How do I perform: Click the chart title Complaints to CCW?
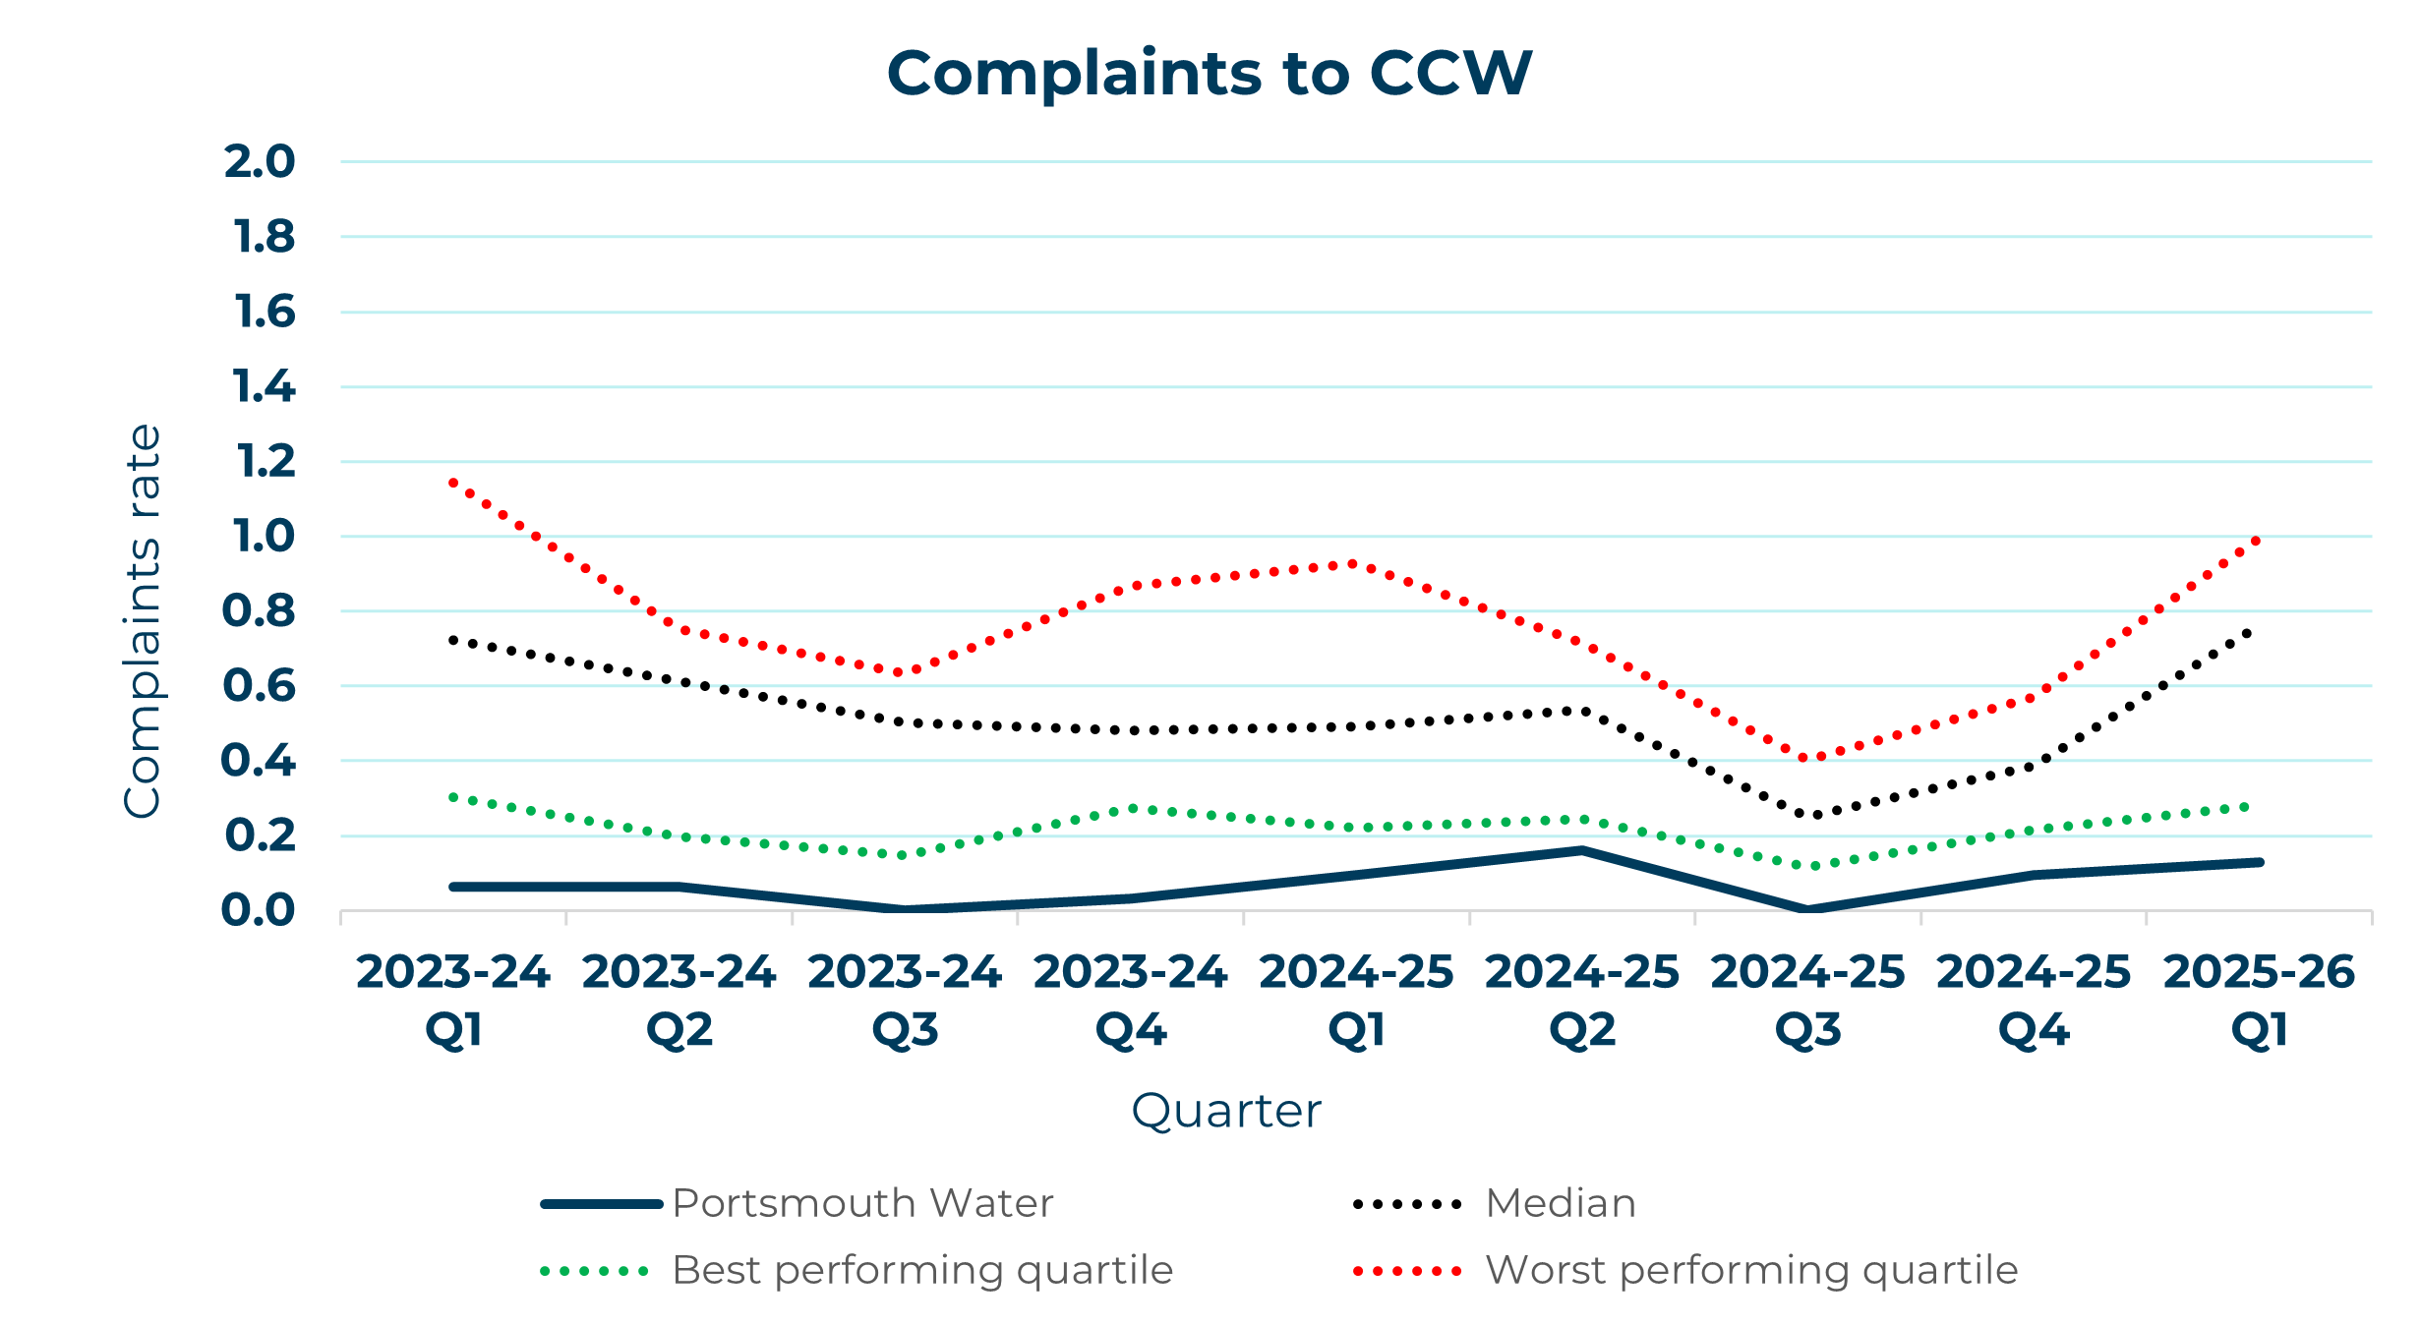(1209, 74)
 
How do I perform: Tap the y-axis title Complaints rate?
(143, 620)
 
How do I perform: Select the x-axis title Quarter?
(1226, 1112)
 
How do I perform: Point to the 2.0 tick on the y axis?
(260, 162)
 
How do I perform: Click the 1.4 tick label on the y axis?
(264, 386)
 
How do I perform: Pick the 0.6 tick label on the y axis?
(260, 686)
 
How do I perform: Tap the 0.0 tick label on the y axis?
(259, 910)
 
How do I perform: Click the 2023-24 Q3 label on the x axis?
(905, 1000)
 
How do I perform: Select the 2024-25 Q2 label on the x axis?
(1582, 1000)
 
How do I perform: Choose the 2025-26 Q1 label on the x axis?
(2259, 1000)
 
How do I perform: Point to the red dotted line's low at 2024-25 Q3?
(1807, 758)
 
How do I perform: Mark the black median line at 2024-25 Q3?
(1807, 814)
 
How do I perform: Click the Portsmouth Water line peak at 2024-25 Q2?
(1582, 850)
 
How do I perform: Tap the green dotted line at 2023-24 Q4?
(1131, 808)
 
